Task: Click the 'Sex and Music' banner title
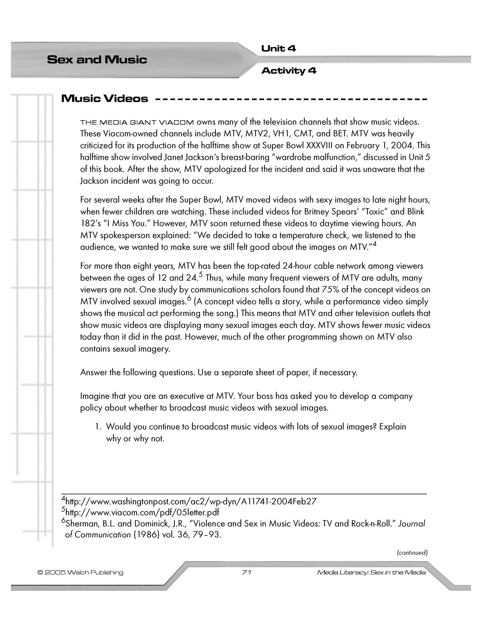(97, 60)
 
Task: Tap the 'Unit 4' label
(278, 49)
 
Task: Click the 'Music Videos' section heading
(105, 99)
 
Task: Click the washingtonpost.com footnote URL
(191, 501)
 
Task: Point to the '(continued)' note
(412, 553)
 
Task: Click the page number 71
(246, 572)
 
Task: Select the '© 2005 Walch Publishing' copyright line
(80, 572)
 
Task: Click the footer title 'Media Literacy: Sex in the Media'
(371, 572)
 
